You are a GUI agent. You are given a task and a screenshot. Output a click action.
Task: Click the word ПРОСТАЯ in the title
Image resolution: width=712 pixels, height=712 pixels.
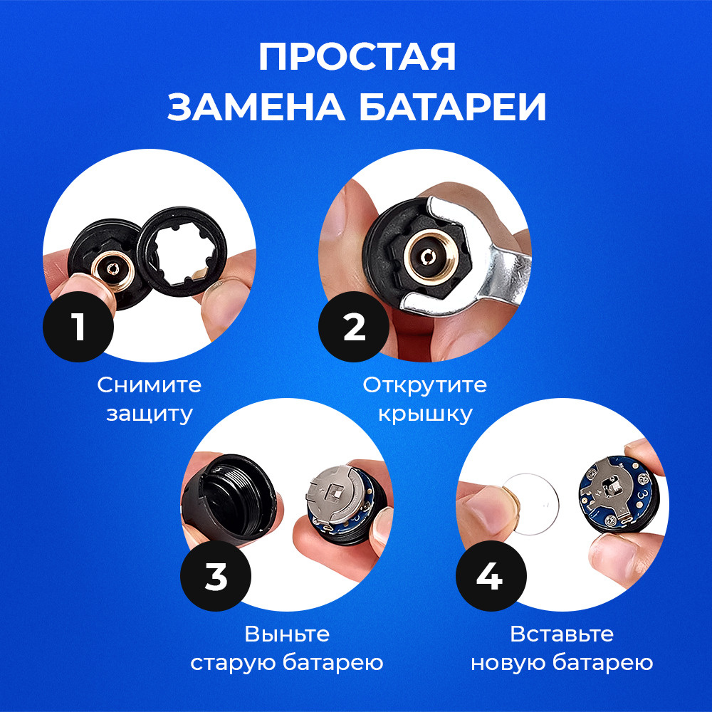click(x=357, y=57)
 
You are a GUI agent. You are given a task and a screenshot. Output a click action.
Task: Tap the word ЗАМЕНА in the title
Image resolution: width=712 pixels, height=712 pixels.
click(x=256, y=108)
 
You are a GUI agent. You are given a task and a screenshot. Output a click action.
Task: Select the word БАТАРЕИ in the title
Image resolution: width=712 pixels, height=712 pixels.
click(x=453, y=108)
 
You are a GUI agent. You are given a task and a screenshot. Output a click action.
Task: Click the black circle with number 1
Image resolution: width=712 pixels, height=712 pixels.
click(x=78, y=327)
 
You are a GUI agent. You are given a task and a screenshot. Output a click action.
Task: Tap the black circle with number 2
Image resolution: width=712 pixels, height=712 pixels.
click(x=354, y=327)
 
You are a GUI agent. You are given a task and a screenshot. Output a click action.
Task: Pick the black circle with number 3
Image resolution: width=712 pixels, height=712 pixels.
click(x=216, y=576)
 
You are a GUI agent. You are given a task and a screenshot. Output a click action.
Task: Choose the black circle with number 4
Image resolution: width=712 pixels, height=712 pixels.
click(x=491, y=576)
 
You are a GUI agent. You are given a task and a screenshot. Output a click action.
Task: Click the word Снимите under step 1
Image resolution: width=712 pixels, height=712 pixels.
click(x=150, y=385)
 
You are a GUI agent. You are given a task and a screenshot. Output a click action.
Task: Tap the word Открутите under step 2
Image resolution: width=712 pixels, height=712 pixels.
click(x=424, y=385)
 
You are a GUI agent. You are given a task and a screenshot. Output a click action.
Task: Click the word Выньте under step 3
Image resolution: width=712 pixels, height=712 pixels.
click(x=287, y=634)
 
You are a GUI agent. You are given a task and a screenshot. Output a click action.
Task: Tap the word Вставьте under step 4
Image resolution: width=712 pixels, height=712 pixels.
click(x=562, y=634)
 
